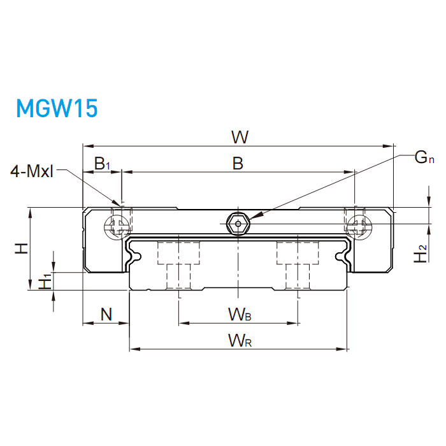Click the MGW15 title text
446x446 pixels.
(x=57, y=108)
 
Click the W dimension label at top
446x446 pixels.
(x=240, y=136)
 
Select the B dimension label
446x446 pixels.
(x=237, y=164)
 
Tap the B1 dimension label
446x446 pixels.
(x=102, y=164)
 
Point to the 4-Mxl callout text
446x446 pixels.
(x=32, y=171)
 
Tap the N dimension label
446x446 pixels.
(x=106, y=313)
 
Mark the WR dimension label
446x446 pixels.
(x=240, y=341)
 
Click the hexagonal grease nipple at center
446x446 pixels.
(x=238, y=223)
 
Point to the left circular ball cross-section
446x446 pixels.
(x=117, y=224)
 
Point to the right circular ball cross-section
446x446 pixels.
(x=357, y=224)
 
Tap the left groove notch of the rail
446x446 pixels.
(x=134, y=255)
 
